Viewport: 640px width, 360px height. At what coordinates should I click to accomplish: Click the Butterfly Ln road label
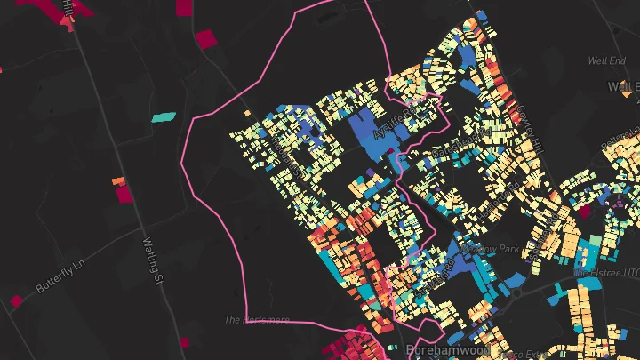63,276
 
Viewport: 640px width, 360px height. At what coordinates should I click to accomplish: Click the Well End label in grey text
606,60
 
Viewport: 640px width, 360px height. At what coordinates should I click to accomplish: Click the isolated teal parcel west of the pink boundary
164,116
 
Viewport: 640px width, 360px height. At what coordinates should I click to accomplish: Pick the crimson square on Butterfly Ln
17,301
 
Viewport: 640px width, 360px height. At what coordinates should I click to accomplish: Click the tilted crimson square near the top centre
205,39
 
